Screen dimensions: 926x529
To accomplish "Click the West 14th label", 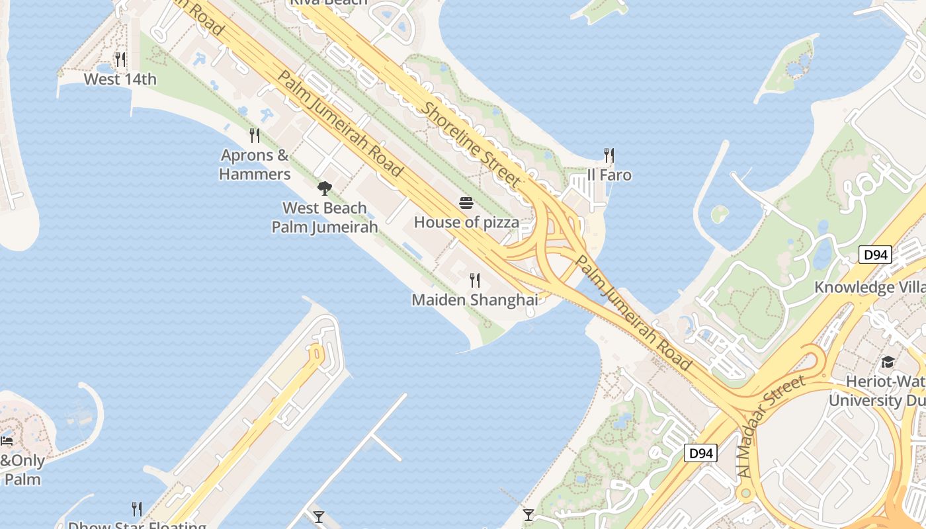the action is coord(120,79).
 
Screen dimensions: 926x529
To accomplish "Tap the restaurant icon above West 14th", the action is coord(120,60).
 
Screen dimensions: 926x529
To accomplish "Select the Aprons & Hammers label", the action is coord(255,165).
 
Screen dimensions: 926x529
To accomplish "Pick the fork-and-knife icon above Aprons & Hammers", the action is coord(255,136).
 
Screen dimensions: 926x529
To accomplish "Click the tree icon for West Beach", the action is coord(324,188).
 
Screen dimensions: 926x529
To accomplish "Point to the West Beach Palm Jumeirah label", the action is coord(325,218).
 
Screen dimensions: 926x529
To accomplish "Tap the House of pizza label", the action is coord(466,222).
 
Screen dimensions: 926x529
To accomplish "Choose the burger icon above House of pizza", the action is coord(466,202).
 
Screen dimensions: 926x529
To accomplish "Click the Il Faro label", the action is coord(609,175).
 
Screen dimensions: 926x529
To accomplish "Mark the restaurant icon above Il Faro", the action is coord(609,155).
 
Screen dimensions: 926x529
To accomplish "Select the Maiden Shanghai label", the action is coord(474,300).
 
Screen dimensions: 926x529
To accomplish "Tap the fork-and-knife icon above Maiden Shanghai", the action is coord(474,280).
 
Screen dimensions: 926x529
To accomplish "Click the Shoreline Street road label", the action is coord(471,143).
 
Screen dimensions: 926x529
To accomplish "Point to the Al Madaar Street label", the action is coord(772,426).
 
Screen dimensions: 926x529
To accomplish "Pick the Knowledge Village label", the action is coord(869,288).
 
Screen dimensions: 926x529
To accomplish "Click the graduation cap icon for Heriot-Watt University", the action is coord(888,362).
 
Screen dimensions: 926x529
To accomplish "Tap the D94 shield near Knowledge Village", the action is coord(875,255).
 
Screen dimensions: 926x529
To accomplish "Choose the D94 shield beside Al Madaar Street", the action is coord(700,454).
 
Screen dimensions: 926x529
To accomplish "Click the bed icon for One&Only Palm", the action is coord(7,440).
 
